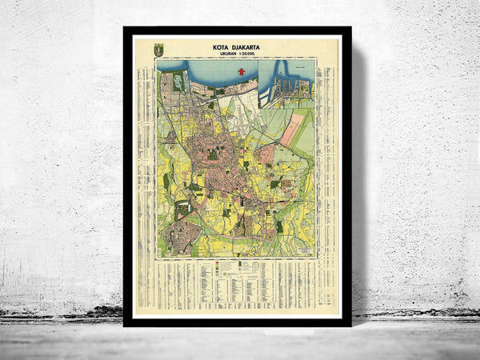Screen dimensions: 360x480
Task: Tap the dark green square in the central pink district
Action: coord(213,153)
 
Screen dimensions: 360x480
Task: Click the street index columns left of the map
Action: coord(146,160)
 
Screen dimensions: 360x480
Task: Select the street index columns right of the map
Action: coord(328,160)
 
